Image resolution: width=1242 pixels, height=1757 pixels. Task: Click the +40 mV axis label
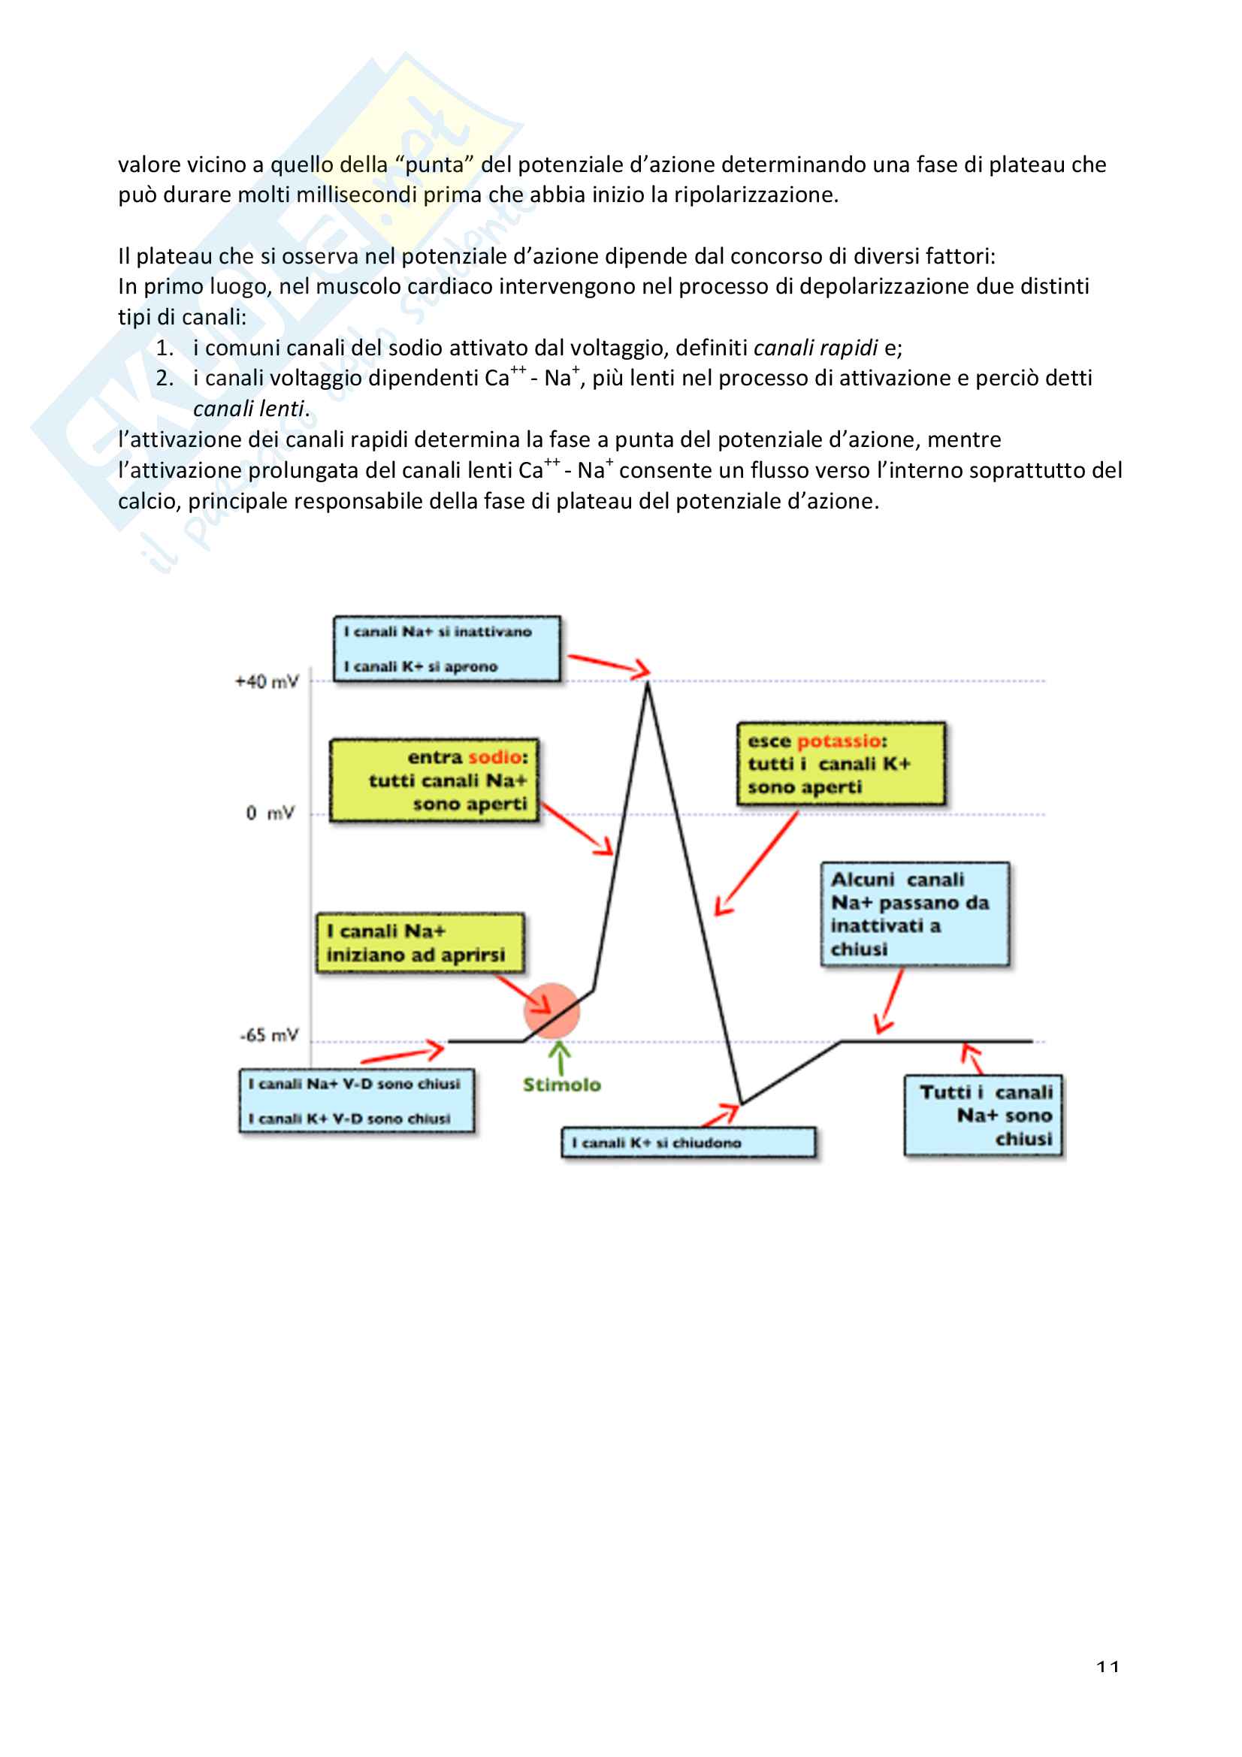266,681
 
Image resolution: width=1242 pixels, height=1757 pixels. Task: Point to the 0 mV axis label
270,813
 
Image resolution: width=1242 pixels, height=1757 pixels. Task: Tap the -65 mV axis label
268,1035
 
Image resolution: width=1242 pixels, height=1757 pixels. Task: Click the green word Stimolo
562,1085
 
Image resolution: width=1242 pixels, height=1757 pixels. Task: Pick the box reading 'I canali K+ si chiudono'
688,1143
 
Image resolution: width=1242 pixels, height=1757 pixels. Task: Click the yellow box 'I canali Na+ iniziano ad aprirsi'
420,943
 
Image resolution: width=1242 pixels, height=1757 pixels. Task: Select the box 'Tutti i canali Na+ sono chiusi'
984,1115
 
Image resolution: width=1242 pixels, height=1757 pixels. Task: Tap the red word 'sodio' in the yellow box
495,757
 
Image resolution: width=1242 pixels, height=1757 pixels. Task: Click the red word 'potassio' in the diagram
839,741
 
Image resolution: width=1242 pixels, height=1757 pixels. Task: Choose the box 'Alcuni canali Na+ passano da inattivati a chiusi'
915,913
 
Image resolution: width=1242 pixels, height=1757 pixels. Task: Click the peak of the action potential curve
648,684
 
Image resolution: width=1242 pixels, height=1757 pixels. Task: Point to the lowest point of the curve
742,1103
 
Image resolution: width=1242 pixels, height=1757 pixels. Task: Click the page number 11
1108,1666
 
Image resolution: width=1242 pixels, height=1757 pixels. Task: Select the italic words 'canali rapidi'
815,349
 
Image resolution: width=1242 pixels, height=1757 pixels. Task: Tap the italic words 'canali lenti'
249,409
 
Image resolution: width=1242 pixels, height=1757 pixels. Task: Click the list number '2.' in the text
165,378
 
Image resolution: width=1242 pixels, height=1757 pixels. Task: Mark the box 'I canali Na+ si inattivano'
447,649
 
